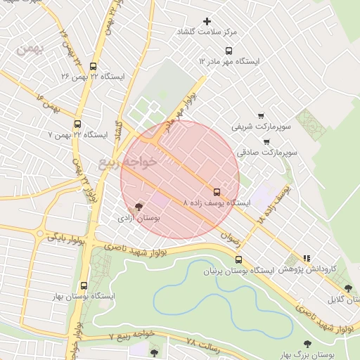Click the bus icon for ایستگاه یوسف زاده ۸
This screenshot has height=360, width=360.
(215, 191)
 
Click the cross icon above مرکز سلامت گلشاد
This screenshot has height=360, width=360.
(207, 21)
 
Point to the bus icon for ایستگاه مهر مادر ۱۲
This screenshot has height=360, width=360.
(228, 51)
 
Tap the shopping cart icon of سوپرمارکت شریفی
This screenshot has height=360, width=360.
(261, 115)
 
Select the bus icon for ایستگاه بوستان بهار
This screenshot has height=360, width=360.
(84, 285)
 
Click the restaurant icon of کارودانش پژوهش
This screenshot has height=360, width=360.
(306, 258)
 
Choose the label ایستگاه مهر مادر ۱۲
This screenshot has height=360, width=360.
(229, 62)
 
